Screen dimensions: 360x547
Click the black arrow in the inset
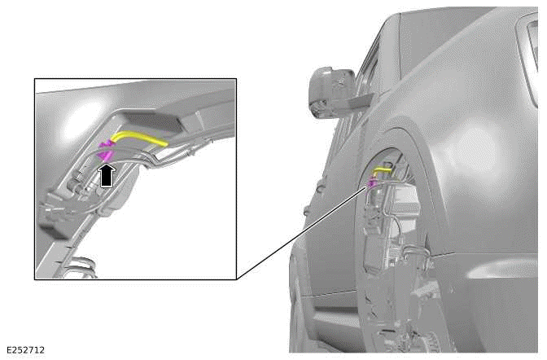point(106,173)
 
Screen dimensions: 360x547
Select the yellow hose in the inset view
point(138,139)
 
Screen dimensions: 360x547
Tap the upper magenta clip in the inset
point(106,144)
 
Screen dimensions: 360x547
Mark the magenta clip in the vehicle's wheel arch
point(371,184)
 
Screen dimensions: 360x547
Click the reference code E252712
point(26,349)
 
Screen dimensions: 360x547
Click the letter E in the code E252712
point(8,349)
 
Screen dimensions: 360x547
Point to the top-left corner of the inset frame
point(34,79)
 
